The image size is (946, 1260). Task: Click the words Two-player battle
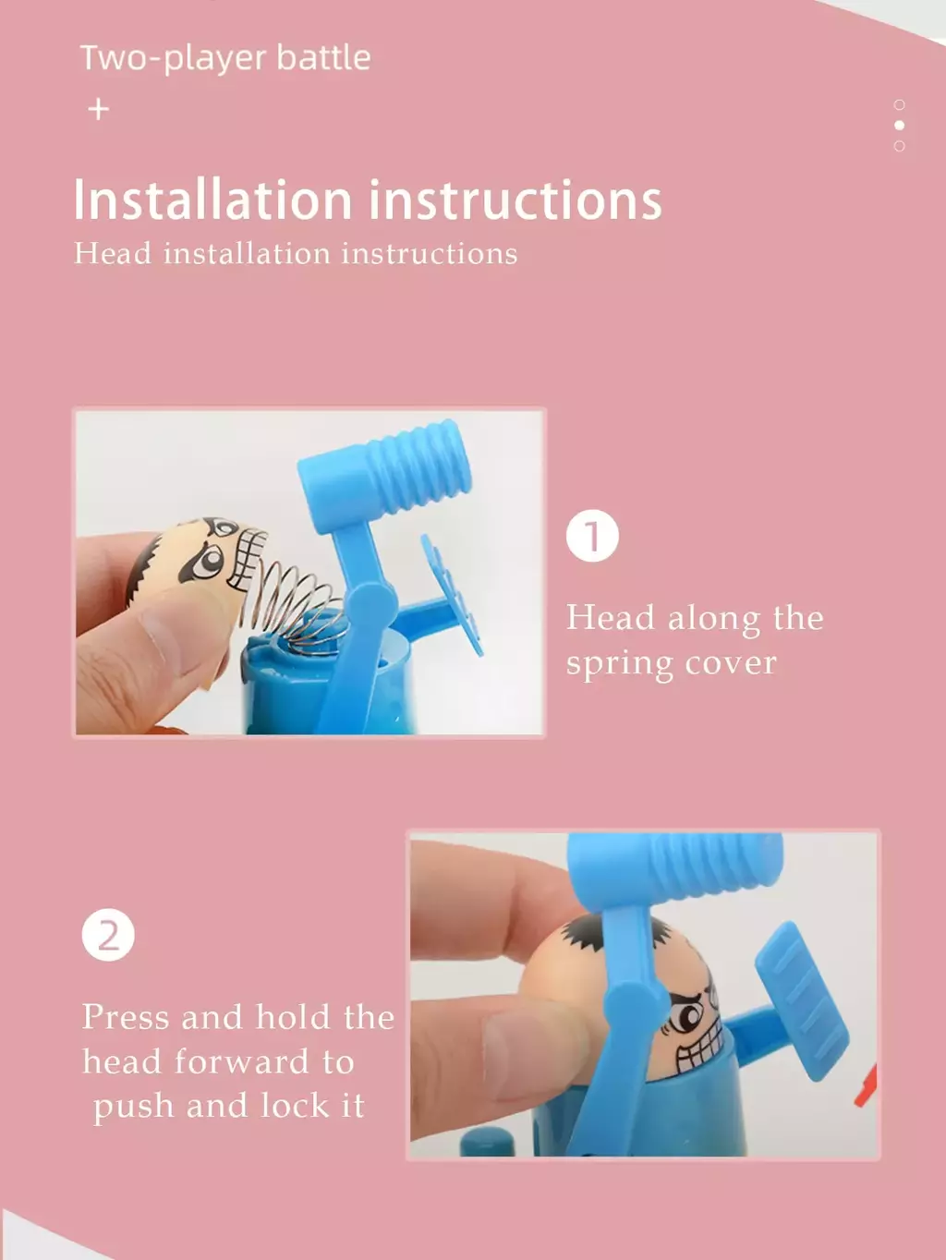pos(225,58)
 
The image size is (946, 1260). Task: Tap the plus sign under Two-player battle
pos(99,109)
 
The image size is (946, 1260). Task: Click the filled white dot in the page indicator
pos(900,125)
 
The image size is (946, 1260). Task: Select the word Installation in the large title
pos(212,200)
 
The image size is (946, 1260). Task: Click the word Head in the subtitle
pos(113,254)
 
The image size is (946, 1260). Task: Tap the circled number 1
pos(592,536)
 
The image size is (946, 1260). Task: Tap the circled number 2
pos(108,935)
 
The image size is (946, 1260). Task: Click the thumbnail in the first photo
pos(172,628)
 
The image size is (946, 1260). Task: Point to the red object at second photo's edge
pos(866,1084)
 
